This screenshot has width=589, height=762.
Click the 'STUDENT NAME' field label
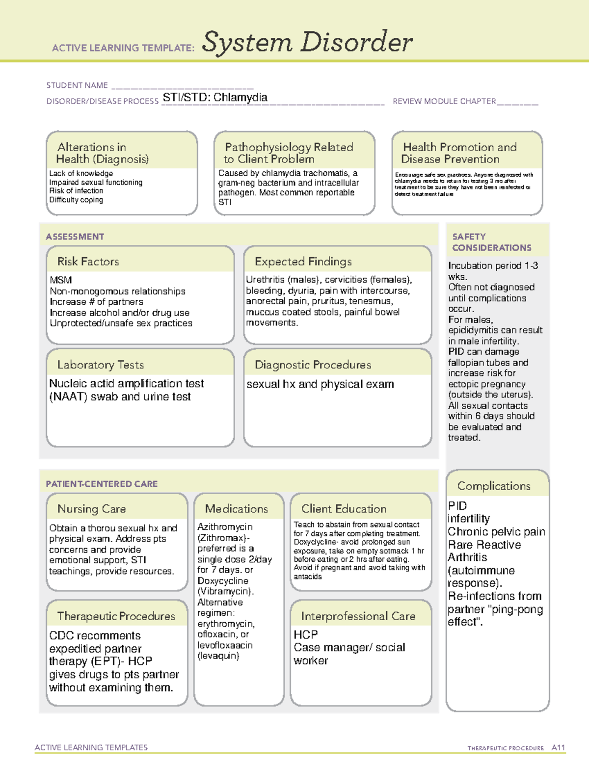[x=77, y=85]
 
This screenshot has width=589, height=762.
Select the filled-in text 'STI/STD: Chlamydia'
[x=215, y=97]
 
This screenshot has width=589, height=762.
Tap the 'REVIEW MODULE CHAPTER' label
[x=444, y=101]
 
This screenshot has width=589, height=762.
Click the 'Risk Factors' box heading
[x=88, y=262]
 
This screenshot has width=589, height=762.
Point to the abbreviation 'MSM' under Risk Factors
[x=61, y=280]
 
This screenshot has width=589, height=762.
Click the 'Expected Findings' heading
[x=303, y=262]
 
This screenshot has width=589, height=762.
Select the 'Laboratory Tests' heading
[x=101, y=365]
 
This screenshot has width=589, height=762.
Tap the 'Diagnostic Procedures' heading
[x=313, y=365]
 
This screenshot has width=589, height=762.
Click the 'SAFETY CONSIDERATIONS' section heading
[x=491, y=242]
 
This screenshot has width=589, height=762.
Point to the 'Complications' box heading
[x=494, y=486]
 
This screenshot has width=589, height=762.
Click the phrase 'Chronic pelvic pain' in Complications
[x=496, y=532]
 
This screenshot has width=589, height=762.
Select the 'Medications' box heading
[x=237, y=509]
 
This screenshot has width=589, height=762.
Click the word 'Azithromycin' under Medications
[x=225, y=526]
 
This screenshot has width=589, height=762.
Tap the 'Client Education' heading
[x=344, y=509]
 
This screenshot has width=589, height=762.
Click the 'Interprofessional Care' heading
[x=358, y=616]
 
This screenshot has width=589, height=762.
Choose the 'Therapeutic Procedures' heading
[x=116, y=616]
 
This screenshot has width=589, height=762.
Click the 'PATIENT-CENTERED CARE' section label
[x=102, y=484]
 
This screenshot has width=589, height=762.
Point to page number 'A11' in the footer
[x=558, y=748]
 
